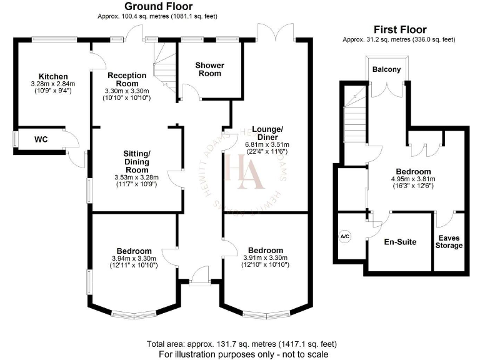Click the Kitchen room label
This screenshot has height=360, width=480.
(x=53, y=76)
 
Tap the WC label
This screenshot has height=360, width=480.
(x=41, y=139)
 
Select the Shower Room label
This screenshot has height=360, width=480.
(x=210, y=69)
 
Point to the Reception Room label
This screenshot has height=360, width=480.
(x=127, y=79)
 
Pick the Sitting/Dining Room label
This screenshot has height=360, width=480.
(x=137, y=162)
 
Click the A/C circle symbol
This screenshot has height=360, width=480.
(x=345, y=237)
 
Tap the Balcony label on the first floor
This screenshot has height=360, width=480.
(x=387, y=69)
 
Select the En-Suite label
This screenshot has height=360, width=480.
(x=400, y=242)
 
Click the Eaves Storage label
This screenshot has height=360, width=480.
(x=449, y=242)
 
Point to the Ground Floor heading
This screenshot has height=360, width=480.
(x=159, y=6)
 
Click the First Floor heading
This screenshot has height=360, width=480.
(x=400, y=30)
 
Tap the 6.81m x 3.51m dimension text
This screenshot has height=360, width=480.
(x=267, y=145)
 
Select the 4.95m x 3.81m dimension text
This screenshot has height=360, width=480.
(x=413, y=179)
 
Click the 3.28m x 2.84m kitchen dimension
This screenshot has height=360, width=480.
(x=53, y=84)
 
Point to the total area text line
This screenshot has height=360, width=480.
(x=242, y=344)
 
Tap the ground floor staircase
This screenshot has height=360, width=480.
(x=165, y=67)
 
